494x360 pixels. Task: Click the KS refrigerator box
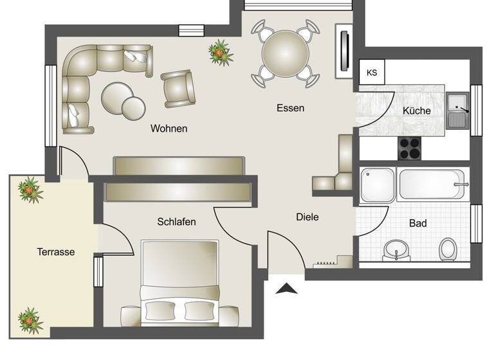(x=372, y=72)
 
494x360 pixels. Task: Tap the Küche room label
(x=416, y=111)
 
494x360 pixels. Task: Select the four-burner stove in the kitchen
(x=409, y=148)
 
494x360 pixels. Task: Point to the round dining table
(x=285, y=53)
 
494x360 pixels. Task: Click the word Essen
(x=290, y=108)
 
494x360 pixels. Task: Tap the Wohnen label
(x=169, y=129)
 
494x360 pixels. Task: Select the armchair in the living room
(x=178, y=88)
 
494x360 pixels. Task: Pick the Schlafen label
(x=176, y=222)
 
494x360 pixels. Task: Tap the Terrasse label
(x=55, y=252)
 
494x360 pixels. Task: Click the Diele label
(x=307, y=217)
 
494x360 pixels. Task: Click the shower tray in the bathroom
(x=378, y=184)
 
